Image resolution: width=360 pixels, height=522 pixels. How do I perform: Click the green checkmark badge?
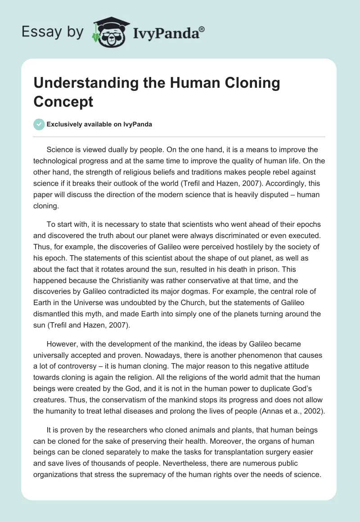[x=39, y=124]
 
